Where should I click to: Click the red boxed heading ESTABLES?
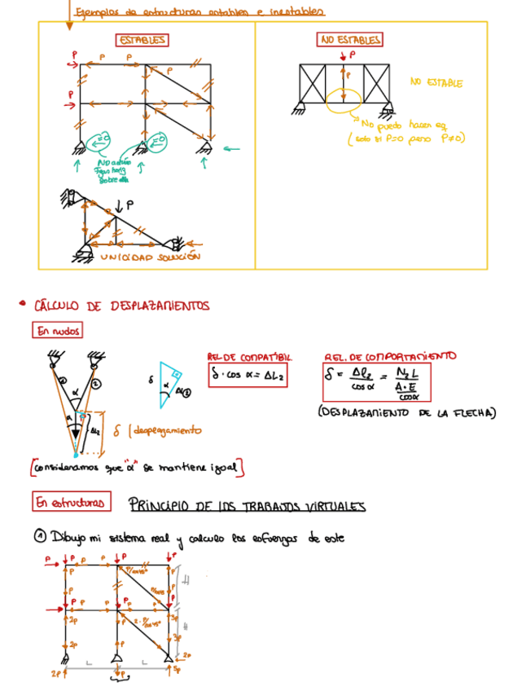point(142,40)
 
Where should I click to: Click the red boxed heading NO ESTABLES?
point(349,39)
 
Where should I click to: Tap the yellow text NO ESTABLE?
point(436,83)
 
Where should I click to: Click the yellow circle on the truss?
point(344,99)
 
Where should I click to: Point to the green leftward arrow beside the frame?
point(232,148)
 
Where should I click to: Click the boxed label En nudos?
point(56,331)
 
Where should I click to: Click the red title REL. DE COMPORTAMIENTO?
point(390,356)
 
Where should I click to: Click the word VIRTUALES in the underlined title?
point(331,505)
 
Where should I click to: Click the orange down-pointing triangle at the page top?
point(69,25)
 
